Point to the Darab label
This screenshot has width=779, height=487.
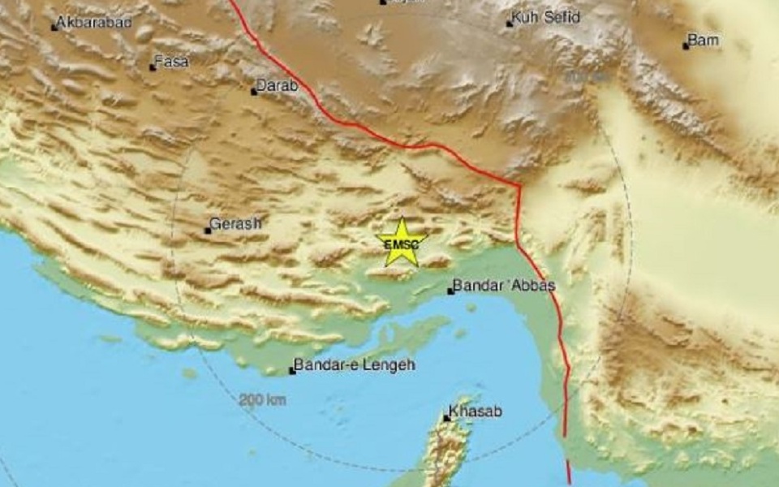278,85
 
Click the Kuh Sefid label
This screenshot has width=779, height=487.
548,18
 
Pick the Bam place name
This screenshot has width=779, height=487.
704,40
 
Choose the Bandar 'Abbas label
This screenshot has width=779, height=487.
503,286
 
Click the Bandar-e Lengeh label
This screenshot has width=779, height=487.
355,366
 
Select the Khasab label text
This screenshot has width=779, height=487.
476,412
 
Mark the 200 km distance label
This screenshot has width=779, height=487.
262,399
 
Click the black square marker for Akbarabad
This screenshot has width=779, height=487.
54,28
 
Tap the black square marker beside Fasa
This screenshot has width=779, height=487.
152,67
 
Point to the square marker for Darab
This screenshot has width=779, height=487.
253,91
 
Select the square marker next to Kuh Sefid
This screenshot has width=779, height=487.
510,24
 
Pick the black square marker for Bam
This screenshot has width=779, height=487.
685,45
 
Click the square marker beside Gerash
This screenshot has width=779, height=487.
208,231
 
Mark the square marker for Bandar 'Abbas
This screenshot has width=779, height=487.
450,291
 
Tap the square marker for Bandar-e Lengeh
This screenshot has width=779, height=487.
292,372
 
